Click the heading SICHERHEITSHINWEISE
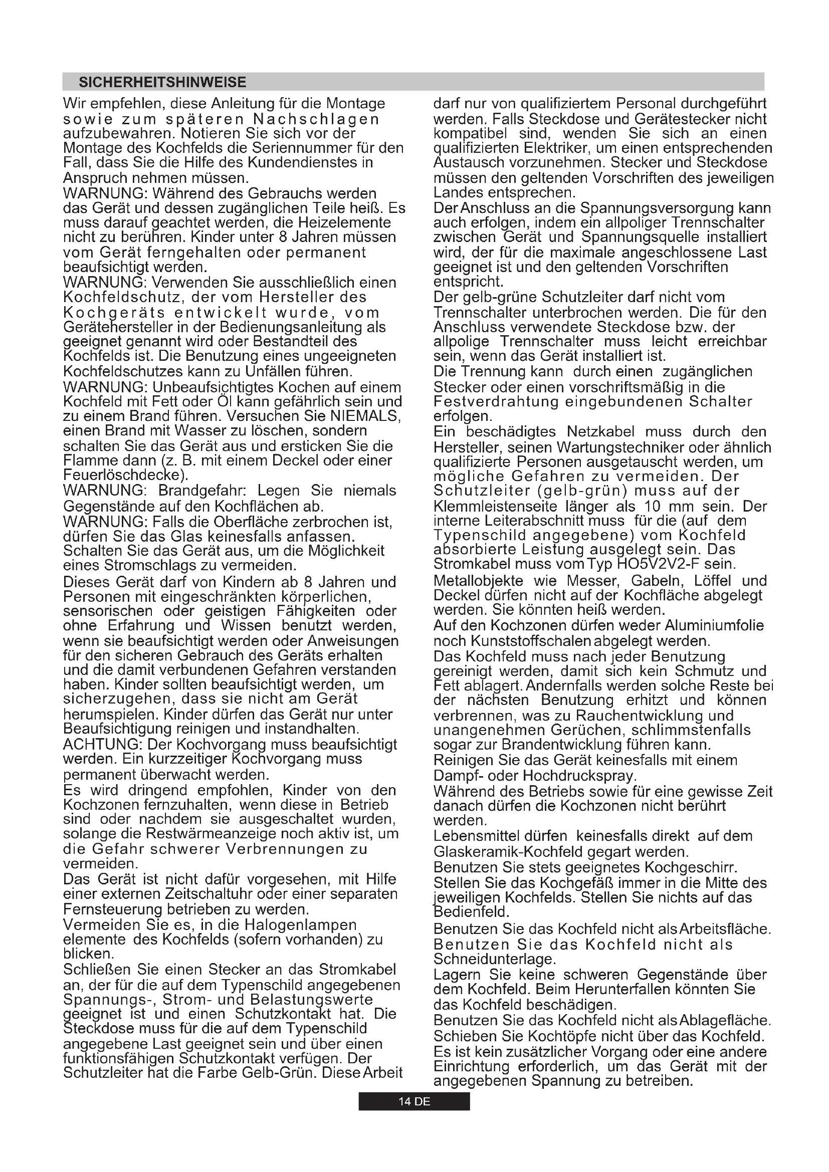coord(162,82)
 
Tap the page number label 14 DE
coord(414,1101)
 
